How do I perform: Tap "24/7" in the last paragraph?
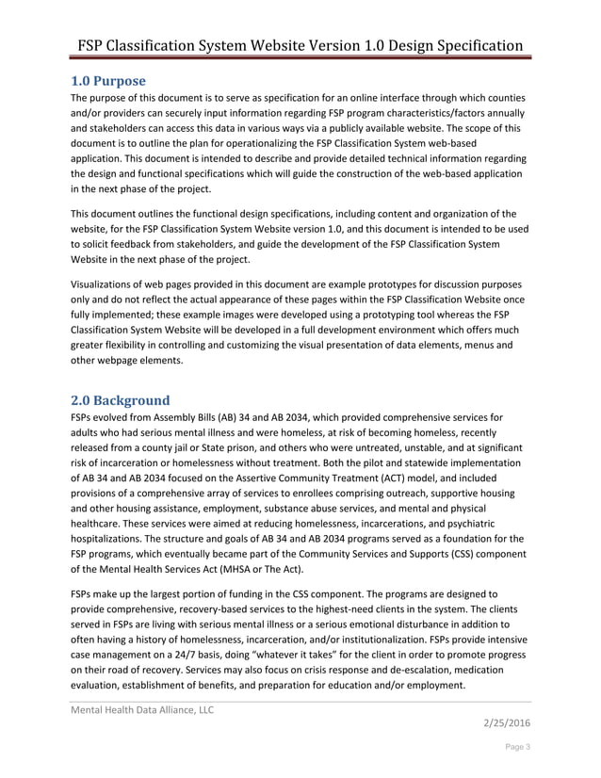click(209, 653)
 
